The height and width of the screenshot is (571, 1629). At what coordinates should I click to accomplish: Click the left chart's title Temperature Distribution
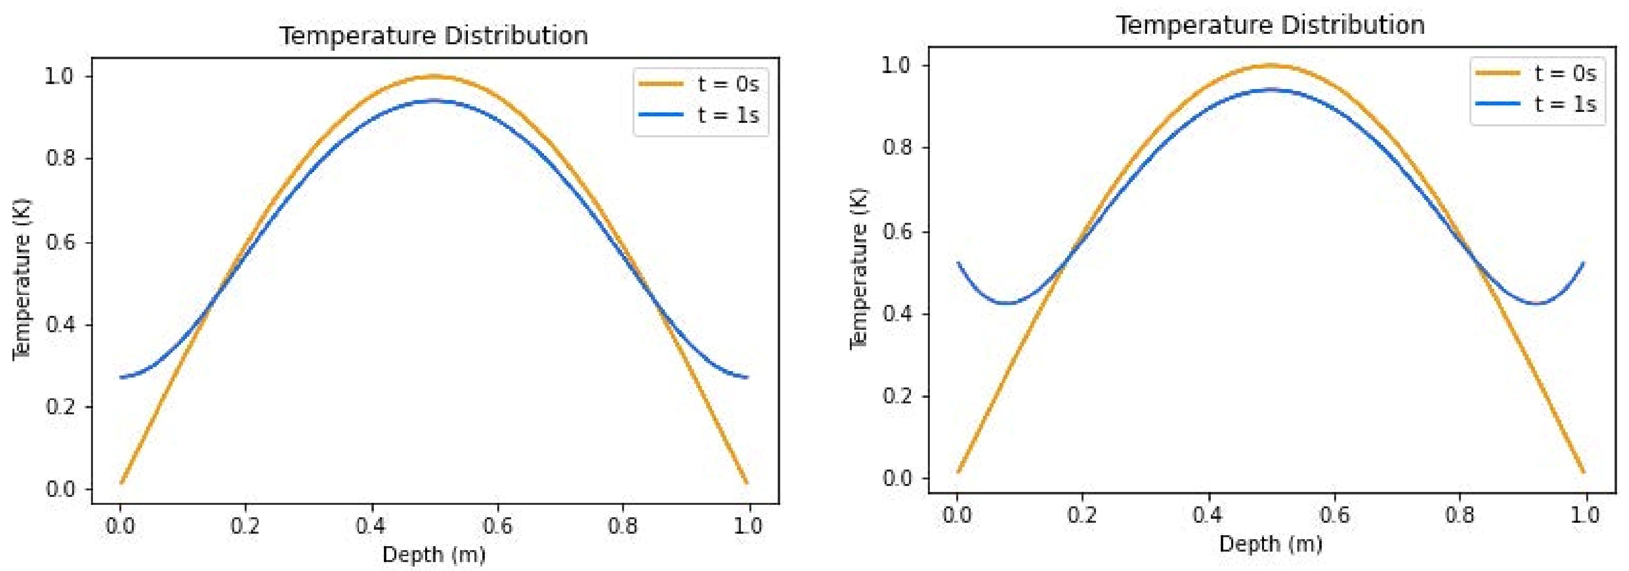(x=434, y=35)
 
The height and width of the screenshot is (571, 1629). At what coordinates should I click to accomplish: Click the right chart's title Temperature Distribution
(x=1270, y=25)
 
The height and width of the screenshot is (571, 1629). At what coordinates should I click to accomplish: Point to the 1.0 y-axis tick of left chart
(x=60, y=77)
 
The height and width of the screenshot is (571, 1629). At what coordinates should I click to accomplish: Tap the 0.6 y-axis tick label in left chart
(x=60, y=242)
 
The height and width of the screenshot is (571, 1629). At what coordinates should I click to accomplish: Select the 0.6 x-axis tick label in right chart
(x=1334, y=515)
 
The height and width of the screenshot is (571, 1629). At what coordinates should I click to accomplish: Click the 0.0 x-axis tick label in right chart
(x=957, y=515)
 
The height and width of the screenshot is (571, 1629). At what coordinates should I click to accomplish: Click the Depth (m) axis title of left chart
(x=434, y=555)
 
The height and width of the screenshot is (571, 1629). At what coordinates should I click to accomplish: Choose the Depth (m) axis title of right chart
(x=1270, y=544)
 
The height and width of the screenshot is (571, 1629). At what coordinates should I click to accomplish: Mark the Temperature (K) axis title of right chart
(x=859, y=269)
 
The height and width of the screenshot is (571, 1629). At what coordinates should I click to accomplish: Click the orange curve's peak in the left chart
(x=434, y=77)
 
